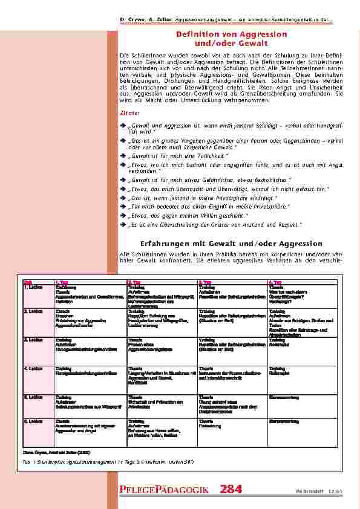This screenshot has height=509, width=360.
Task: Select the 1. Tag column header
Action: coord(61,282)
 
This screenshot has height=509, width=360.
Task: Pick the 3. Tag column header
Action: coord(205,282)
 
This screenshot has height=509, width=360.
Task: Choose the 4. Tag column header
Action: coord(275,282)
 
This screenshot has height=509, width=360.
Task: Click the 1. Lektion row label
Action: coord(32,287)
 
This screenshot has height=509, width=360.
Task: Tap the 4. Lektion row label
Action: coord(32,368)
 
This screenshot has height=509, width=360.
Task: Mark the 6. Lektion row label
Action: coord(32,421)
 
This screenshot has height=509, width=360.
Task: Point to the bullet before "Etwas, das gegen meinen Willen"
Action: coord(123,215)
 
